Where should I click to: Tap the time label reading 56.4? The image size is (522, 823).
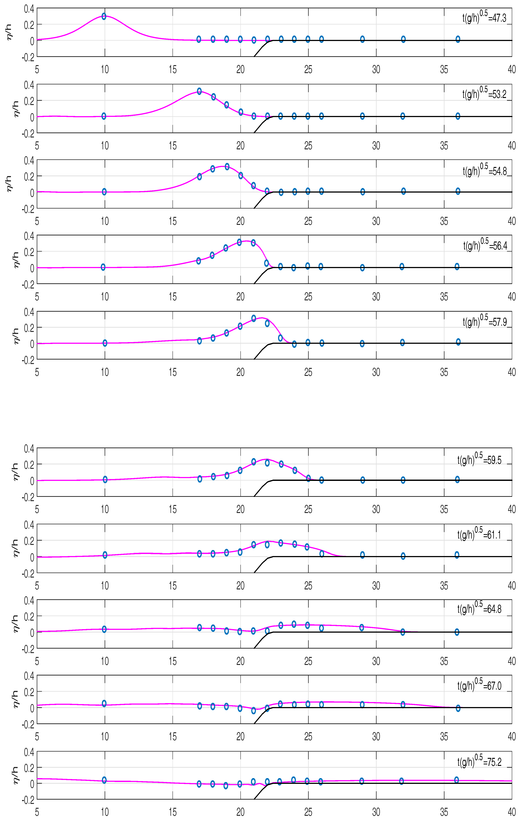485,245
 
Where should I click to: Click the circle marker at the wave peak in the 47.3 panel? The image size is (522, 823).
104,16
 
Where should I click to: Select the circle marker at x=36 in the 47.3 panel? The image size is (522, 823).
458,39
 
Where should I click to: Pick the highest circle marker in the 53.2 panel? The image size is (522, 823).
199,91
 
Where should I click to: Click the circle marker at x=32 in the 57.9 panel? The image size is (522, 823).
402,342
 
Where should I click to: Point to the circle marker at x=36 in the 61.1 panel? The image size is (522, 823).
457,555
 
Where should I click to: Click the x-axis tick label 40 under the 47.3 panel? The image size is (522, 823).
511,69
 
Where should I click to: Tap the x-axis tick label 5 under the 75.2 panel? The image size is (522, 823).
37,812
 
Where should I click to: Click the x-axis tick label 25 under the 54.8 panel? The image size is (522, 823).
308,221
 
